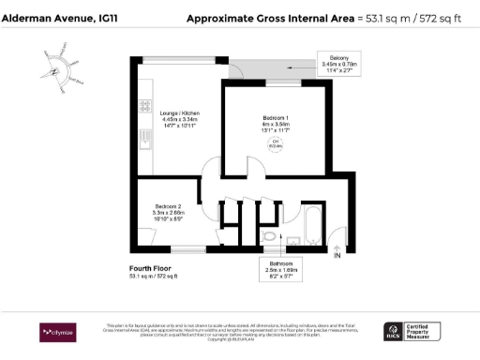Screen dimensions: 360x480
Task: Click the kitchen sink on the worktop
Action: coord(145,141)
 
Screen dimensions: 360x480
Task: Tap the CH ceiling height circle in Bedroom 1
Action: coord(276,143)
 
